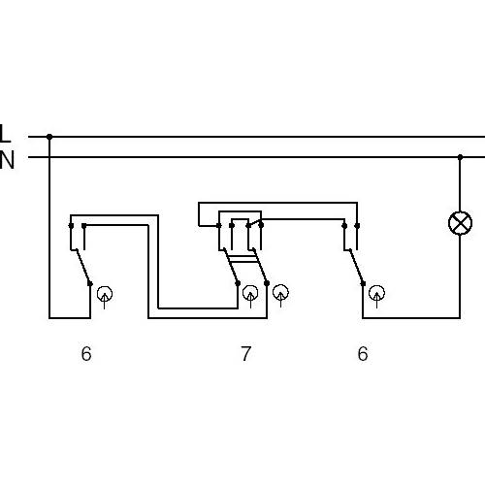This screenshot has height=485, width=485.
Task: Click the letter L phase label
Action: point(5,133)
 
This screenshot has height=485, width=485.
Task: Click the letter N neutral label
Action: point(7,160)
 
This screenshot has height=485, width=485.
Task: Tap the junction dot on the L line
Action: point(49,137)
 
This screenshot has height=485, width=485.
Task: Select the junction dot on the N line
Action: point(460,157)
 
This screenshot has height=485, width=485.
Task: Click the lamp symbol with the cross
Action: point(460,223)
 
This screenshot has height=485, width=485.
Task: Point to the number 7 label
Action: point(246,354)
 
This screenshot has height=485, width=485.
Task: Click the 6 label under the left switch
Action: point(86,354)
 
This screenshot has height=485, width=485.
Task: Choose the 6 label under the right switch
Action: point(363,354)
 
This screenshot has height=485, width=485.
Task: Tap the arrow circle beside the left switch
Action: point(105,294)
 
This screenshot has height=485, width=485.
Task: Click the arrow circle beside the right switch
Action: point(376,293)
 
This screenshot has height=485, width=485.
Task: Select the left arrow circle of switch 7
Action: point(250,293)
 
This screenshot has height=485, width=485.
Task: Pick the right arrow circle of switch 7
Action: point(280,292)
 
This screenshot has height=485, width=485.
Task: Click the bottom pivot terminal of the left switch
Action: point(90,284)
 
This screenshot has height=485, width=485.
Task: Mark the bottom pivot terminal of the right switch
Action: point(363,283)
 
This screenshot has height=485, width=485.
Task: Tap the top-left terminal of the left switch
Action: point(71,226)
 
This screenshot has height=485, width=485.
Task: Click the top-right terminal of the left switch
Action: point(84,226)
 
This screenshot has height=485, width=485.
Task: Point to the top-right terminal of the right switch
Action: point(357,226)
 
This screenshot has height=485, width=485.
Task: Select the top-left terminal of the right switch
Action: point(344,226)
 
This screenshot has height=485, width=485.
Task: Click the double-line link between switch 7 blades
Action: point(242,259)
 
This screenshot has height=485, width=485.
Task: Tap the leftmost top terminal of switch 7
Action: point(219,226)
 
